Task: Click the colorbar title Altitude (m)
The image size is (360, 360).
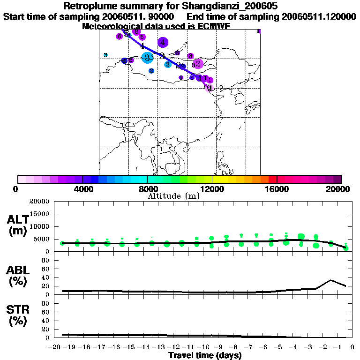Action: pyautogui.click(x=173, y=196)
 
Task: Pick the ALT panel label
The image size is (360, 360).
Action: pyautogui.click(x=18, y=219)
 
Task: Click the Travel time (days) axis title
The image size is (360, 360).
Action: pyautogui.click(x=205, y=356)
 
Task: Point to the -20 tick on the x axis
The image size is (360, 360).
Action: pyautogui.click(x=55, y=347)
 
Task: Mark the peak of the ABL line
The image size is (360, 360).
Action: pyautogui.click(x=330, y=280)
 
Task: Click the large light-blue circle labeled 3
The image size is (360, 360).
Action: pyautogui.click(x=147, y=58)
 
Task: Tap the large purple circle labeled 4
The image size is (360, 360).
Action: pyautogui.click(x=163, y=43)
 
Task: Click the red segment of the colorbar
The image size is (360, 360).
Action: pyautogui.click(x=272, y=179)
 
